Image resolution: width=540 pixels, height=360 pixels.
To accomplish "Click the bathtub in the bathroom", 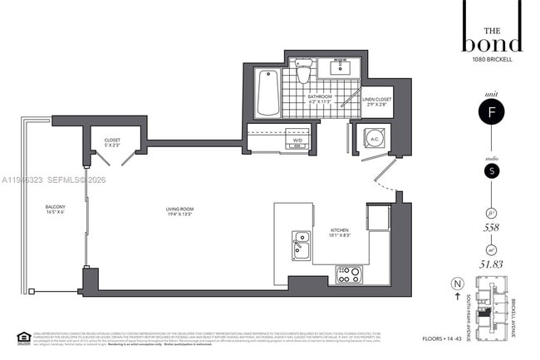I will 268,93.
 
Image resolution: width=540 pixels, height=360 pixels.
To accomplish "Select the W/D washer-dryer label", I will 297,141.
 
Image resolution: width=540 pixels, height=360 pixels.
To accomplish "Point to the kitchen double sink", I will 302,245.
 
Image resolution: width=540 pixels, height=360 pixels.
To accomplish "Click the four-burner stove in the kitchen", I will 348,274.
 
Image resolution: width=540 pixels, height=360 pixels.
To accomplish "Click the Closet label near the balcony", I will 112,142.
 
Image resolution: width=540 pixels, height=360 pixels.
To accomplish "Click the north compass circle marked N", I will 456,284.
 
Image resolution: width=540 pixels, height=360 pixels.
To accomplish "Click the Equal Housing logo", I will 23,338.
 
